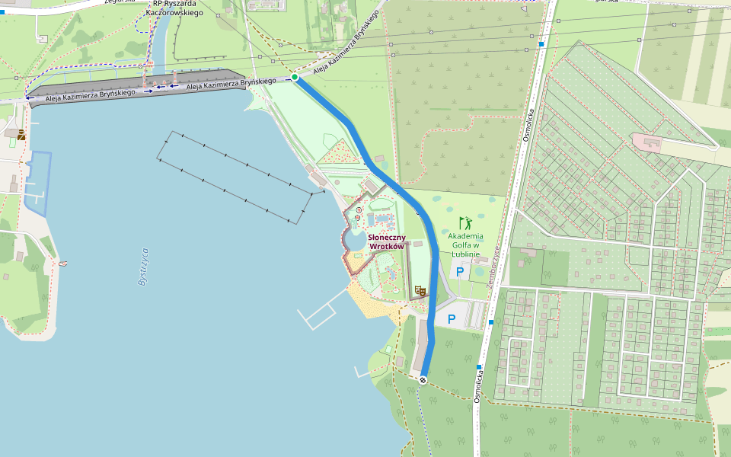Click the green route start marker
295,77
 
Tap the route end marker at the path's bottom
423,379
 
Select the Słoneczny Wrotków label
386,242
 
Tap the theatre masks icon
418,290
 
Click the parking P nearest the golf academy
459,271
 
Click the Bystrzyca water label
143,267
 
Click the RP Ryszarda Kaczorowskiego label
174,8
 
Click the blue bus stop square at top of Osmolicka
541,44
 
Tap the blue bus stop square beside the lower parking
491,322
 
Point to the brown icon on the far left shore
21,135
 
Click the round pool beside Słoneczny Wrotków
355,241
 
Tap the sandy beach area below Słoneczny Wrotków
369,301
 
